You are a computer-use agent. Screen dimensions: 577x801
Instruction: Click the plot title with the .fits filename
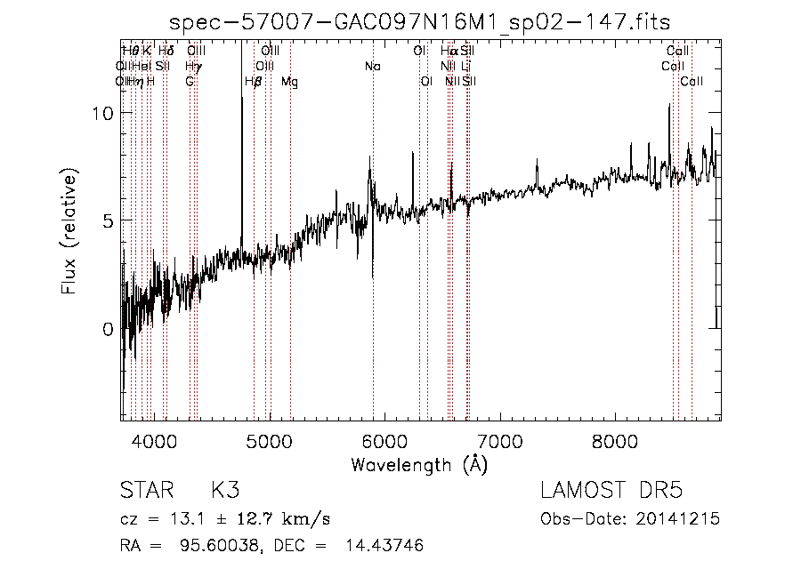[420, 21]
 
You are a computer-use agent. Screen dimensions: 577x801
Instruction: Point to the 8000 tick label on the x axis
[615, 440]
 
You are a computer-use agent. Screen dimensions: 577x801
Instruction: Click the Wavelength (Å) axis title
[419, 464]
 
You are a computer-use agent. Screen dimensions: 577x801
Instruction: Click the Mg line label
[290, 82]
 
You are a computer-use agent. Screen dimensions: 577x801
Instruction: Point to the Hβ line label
[253, 82]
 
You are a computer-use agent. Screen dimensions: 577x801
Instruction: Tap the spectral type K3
[224, 492]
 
